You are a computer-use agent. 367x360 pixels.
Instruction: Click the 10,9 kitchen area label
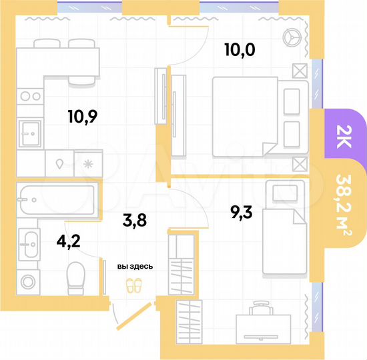pyautogui.click(x=83, y=117)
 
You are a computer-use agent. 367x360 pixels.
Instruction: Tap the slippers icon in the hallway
pyautogui.click(x=135, y=286)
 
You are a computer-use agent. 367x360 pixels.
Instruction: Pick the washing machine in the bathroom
pyautogui.click(x=29, y=281)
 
